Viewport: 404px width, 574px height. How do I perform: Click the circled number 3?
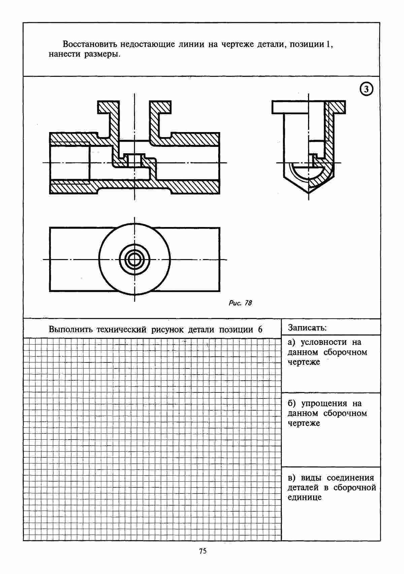(366, 89)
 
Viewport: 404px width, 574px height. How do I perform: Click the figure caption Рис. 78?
(240, 303)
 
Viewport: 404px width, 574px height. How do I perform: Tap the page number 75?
(203, 551)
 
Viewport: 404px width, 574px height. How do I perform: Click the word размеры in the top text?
(102, 55)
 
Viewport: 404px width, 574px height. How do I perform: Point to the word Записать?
(307, 328)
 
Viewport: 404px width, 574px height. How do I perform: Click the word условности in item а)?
(324, 342)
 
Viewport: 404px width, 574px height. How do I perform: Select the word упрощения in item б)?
(324, 404)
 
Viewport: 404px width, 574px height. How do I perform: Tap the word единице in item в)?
(304, 498)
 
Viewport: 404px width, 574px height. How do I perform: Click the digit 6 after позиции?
(260, 329)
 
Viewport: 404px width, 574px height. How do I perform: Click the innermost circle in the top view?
(134, 260)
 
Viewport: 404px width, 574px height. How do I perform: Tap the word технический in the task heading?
(121, 329)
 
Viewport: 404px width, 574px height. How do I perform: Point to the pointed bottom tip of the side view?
(309, 193)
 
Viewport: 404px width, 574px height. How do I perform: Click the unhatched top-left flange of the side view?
(290, 107)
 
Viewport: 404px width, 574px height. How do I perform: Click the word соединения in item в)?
(350, 478)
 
